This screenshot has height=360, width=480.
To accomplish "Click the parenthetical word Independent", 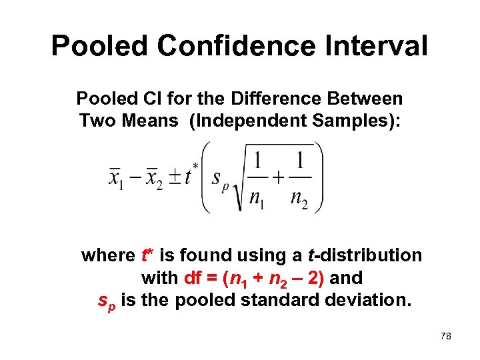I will click(248, 121).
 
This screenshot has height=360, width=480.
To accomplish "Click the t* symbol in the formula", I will click(191, 175).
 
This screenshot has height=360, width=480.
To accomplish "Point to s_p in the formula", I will click(219, 179).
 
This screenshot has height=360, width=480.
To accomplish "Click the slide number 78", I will click(446, 337).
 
